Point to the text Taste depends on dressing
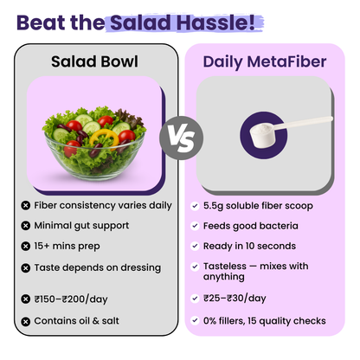point(97,267)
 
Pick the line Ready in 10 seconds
point(250,247)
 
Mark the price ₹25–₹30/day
point(235,299)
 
